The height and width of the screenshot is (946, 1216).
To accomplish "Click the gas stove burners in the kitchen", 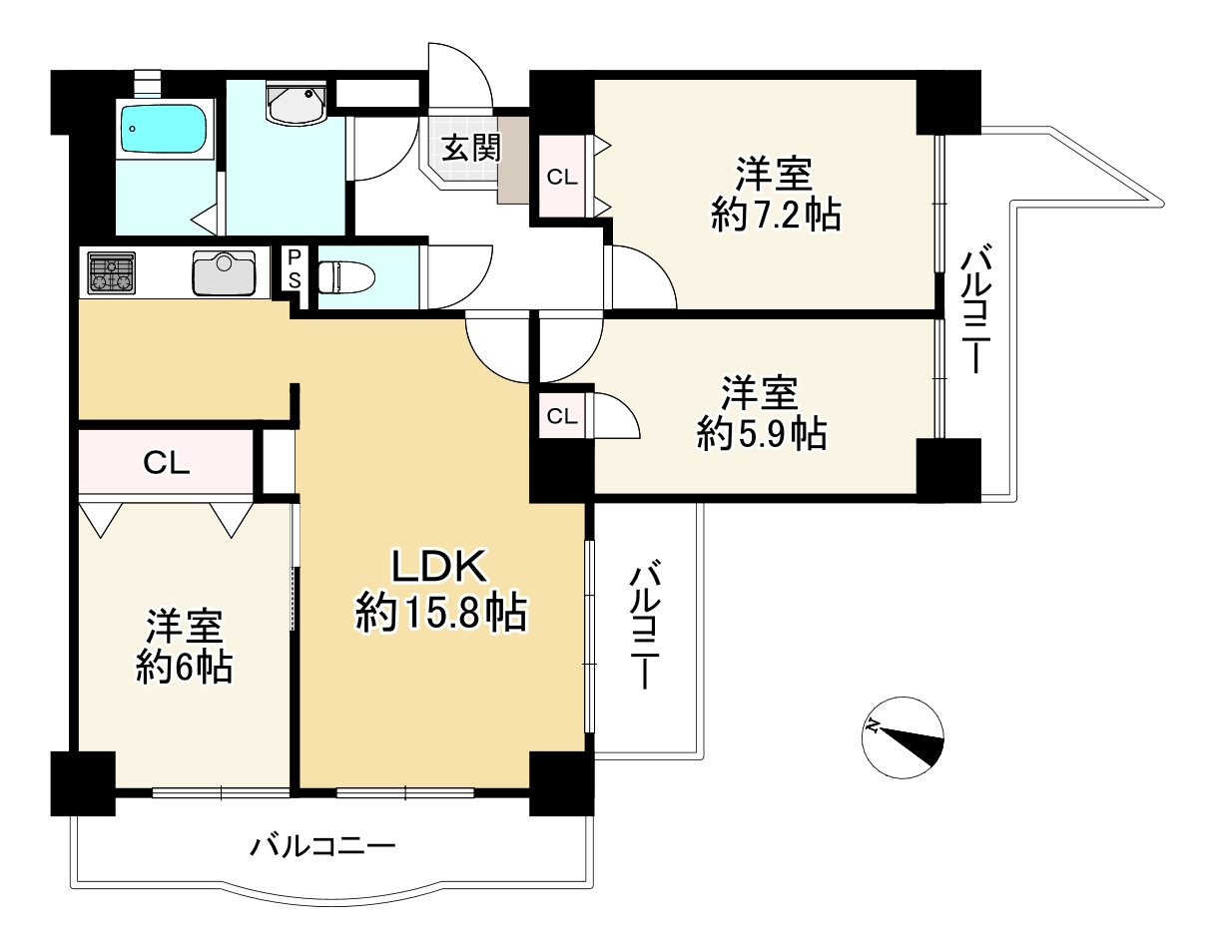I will pyautogui.click(x=112, y=273).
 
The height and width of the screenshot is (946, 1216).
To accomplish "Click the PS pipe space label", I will pyautogui.click(x=295, y=268).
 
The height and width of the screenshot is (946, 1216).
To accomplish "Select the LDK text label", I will pyautogui.click(x=438, y=567).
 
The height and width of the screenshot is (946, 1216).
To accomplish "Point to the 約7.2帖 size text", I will pyautogui.click(x=775, y=215).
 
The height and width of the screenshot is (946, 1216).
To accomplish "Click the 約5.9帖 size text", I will pyautogui.click(x=761, y=433).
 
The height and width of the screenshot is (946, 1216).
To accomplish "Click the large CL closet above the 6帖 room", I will pyautogui.click(x=167, y=462).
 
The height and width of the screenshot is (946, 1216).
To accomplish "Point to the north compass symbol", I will pyautogui.click(x=903, y=736).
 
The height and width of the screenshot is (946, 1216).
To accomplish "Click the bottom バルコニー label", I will pyautogui.click(x=322, y=847).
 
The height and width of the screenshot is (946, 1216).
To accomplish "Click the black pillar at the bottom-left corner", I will pyautogui.click(x=83, y=782).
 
